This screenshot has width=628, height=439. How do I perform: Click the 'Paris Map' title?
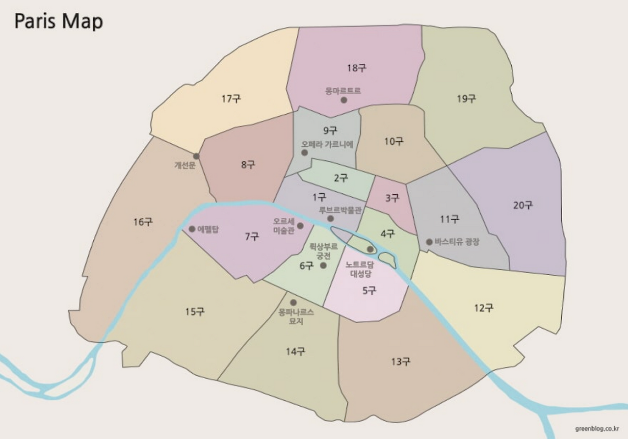[x=58, y=22]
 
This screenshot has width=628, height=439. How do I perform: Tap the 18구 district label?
[x=357, y=68]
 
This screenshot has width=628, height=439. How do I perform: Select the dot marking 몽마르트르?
[x=344, y=100]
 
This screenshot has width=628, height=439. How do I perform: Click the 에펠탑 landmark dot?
[x=192, y=229]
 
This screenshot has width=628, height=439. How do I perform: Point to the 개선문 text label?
[x=185, y=165]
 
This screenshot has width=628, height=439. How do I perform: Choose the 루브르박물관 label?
[x=340, y=210]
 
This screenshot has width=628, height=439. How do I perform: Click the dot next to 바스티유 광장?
[x=429, y=242]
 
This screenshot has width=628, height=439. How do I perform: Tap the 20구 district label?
[x=523, y=206]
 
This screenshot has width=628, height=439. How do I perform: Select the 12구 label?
[x=484, y=308]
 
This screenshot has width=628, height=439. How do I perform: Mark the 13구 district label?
[x=401, y=362]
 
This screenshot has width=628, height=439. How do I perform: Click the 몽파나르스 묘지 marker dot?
[x=293, y=303]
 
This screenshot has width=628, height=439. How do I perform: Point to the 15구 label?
[x=195, y=312]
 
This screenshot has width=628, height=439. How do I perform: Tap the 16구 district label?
[x=143, y=222]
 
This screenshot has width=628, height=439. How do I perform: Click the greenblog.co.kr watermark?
[x=597, y=428]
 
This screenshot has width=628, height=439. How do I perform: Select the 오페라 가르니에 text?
[x=327, y=145]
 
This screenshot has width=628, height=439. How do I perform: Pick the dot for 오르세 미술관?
[x=300, y=226]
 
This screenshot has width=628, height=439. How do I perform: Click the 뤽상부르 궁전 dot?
[x=323, y=265]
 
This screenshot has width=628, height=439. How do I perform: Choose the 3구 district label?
[x=392, y=198]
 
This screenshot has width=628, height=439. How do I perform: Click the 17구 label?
[x=231, y=99]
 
